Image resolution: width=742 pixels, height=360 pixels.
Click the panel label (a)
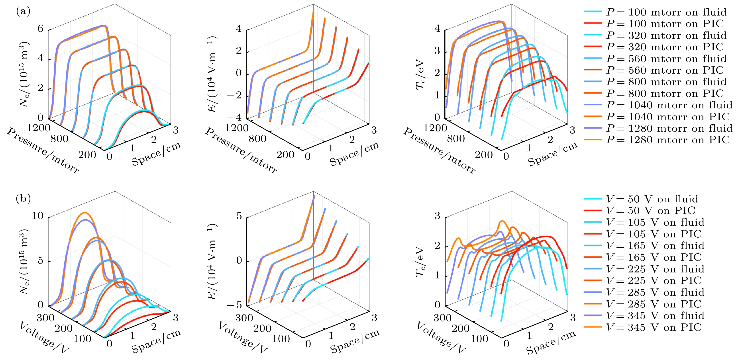[x=23, y=12]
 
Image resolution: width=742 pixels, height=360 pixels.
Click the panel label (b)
[x=23, y=198]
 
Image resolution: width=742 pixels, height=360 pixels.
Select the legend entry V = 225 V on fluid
[x=655, y=269]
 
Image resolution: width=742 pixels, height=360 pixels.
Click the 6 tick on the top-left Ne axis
[x=40, y=29]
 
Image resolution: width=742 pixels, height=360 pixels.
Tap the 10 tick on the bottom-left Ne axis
[x=37, y=216]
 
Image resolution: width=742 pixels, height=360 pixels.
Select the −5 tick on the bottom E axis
[x=235, y=305]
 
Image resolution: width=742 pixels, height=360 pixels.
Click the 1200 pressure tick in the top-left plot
[x=38, y=128]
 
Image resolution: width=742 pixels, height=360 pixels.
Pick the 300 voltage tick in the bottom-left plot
[x=45, y=318]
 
